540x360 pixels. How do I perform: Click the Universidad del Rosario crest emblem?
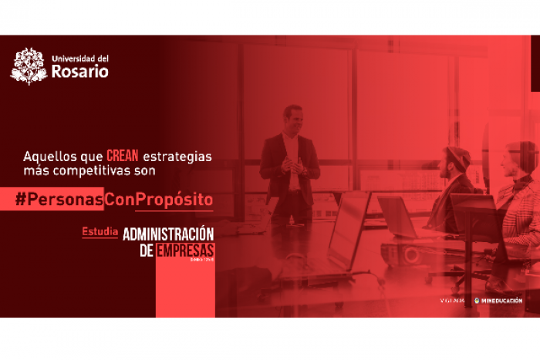[29, 66]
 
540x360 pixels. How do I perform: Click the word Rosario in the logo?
[80, 72]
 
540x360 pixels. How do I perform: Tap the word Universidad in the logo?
[74, 58]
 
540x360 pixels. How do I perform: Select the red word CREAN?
[123, 156]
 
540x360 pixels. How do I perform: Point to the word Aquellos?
[46, 156]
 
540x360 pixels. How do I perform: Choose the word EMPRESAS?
[184, 251]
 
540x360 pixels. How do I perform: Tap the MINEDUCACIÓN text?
[502, 301]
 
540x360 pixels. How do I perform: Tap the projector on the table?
[406, 254]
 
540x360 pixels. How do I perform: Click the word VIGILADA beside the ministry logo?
[451, 301]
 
